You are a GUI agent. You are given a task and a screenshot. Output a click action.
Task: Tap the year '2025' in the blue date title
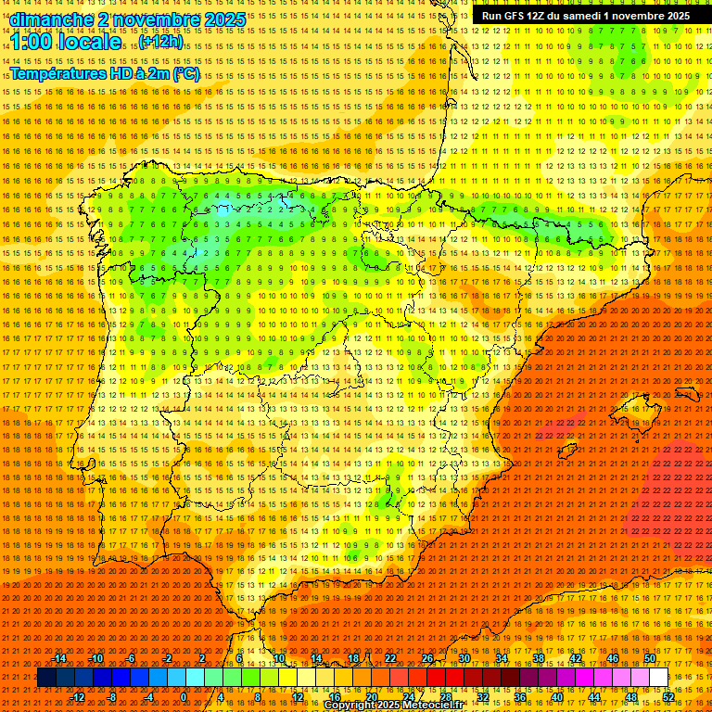tap(225, 19)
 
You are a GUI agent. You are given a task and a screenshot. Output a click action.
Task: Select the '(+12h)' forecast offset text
tap(161, 42)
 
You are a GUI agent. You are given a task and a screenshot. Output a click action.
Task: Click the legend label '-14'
tap(59, 658)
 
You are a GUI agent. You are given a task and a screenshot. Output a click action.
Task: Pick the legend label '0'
tap(184, 697)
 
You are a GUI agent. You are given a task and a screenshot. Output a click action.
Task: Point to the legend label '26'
tap(426, 658)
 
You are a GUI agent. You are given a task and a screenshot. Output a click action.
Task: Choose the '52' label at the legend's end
tap(668, 697)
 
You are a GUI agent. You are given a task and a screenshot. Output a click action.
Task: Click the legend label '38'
tap(538, 658)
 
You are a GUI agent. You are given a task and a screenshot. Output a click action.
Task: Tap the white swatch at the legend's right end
tap(658, 678)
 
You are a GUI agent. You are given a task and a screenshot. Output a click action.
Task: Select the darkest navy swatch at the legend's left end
tap(46, 678)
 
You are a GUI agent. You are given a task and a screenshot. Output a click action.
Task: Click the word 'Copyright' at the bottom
tap(353, 706)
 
